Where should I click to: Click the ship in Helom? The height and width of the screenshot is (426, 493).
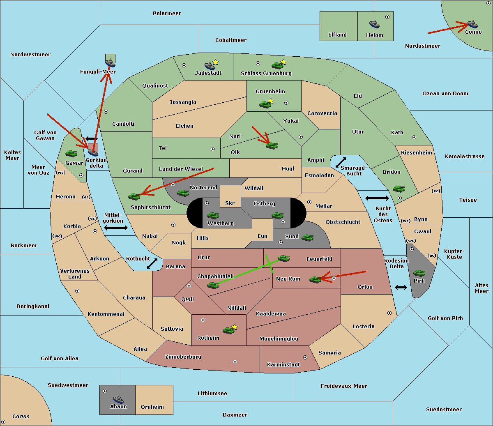374,24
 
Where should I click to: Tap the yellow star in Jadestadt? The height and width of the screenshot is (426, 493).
215,62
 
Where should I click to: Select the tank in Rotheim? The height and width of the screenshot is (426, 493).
228,330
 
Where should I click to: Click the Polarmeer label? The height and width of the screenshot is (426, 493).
167,14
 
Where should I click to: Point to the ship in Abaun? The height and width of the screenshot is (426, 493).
118,399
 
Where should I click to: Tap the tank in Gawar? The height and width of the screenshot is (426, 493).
71,154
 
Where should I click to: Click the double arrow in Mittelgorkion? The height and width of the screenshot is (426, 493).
116,228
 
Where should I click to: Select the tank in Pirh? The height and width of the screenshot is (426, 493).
419,273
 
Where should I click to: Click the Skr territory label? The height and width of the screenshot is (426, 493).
230,203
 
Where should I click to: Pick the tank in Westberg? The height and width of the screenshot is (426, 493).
213,215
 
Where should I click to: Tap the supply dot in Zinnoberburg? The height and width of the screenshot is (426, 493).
235,362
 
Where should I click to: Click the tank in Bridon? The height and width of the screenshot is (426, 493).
399,189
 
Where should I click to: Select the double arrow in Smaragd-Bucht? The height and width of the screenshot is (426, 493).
341,162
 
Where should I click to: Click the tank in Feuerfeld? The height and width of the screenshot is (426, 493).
283,258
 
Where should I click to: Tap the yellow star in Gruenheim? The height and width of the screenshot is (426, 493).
271,101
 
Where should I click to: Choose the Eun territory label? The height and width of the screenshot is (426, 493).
263,236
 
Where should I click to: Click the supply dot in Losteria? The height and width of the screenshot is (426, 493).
389,313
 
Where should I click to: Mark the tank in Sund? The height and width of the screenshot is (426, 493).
307,238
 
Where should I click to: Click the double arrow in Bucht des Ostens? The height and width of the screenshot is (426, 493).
377,198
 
